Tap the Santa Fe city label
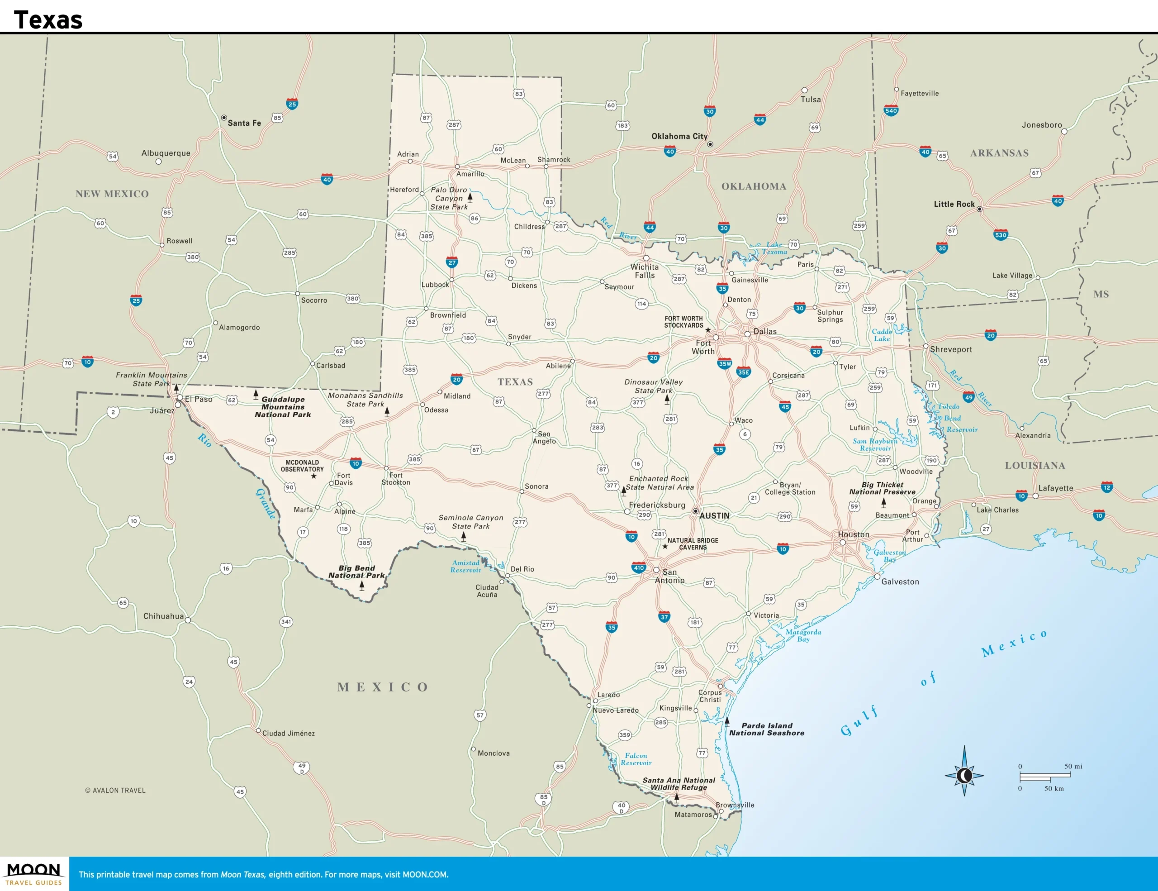[x=244, y=123]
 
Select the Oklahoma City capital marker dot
[x=710, y=144]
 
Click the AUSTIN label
[x=714, y=515]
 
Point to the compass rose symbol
[x=964, y=775]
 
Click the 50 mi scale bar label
[x=1073, y=767]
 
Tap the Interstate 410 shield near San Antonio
[x=638, y=567]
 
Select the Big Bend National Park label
[x=356, y=572]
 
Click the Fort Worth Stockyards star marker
[x=707, y=330]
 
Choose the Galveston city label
[x=900, y=582]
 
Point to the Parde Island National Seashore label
[x=766, y=729]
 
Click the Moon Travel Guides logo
[x=34, y=873]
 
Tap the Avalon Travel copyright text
[x=115, y=790]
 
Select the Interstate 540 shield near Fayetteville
[x=891, y=110]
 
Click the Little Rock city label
[x=954, y=204]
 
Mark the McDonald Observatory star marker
[x=313, y=476]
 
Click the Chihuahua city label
[x=163, y=616]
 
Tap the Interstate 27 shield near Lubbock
[x=452, y=262]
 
